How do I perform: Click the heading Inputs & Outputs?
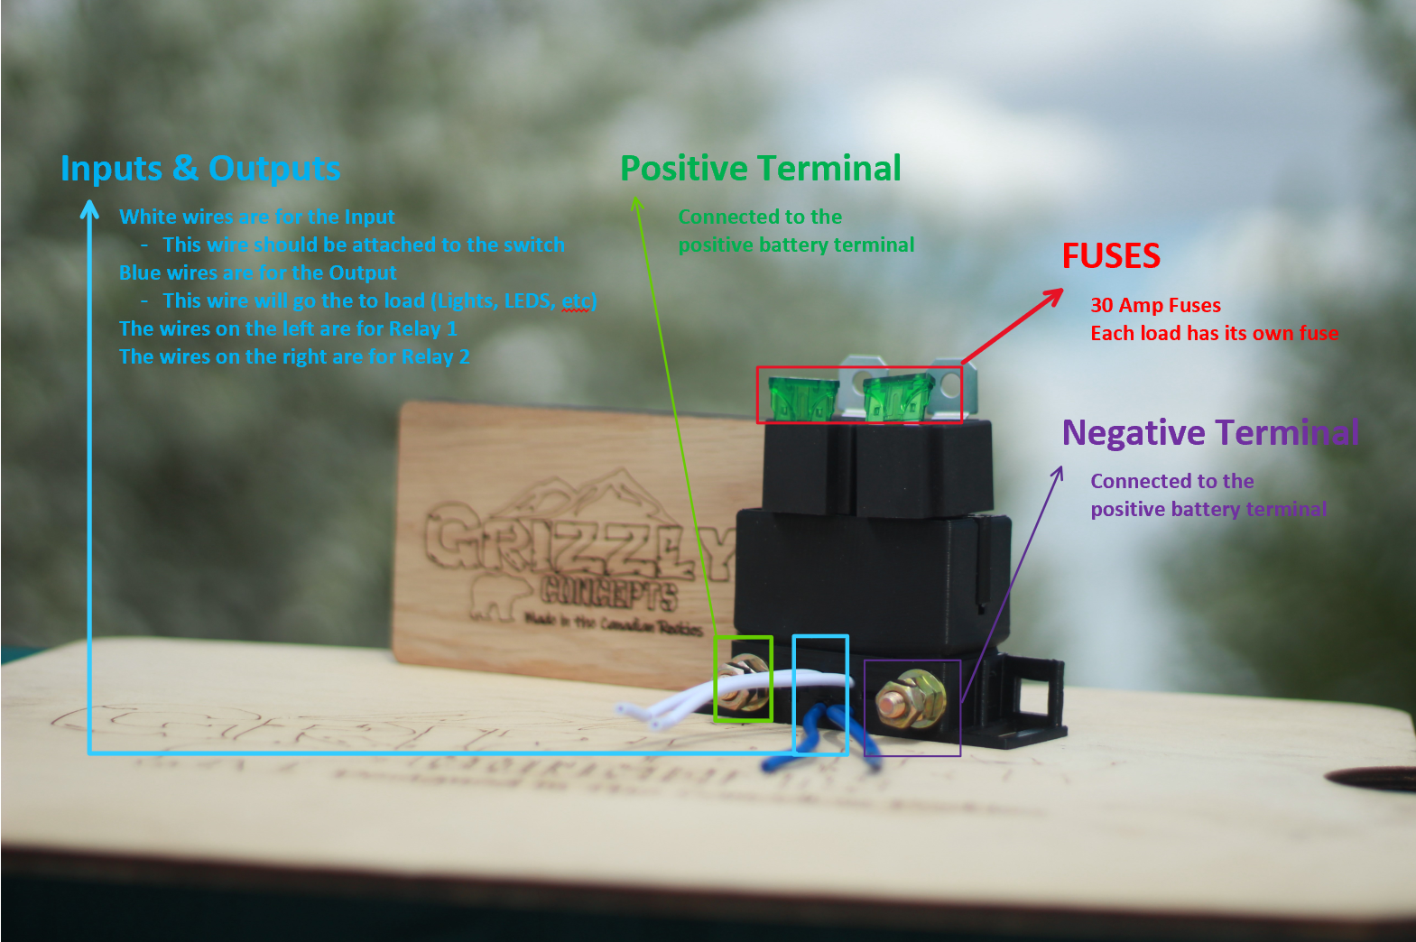(200, 169)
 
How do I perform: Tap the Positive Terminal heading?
(760, 169)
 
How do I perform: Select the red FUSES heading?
(1111, 256)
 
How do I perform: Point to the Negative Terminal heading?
(1210, 433)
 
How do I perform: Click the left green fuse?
(797, 398)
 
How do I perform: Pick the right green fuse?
(896, 398)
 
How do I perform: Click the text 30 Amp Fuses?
(1155, 306)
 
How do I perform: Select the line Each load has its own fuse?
(1214, 334)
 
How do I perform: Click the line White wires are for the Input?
(257, 217)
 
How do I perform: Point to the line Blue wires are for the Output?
(258, 273)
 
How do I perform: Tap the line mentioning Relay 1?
(288, 329)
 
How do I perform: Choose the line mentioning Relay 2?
(294, 357)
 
